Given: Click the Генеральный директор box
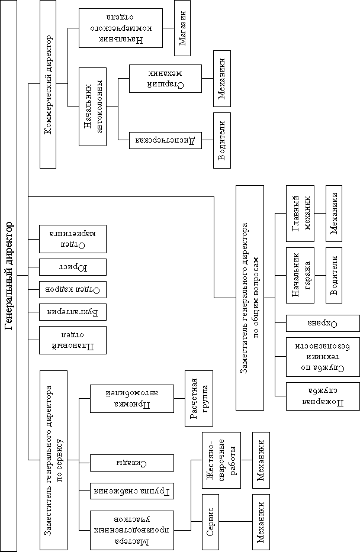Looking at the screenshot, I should pyautogui.click(x=9, y=276).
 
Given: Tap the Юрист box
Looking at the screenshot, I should pyautogui.click(x=72, y=267).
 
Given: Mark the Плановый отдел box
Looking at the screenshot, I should pyautogui.click(x=72, y=340).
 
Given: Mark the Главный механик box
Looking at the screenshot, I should pyautogui.click(x=300, y=213).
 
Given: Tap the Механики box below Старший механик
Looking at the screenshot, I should pyautogui.click(x=222, y=78).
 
